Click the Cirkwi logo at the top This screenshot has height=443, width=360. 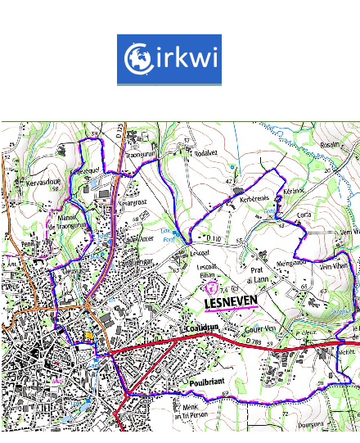[x=169, y=60]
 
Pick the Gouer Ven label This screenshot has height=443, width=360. [x=260, y=332]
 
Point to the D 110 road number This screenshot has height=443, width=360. [x=214, y=238]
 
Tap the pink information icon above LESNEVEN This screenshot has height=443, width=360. [x=214, y=287]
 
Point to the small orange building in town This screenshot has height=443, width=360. [x=89, y=335]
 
